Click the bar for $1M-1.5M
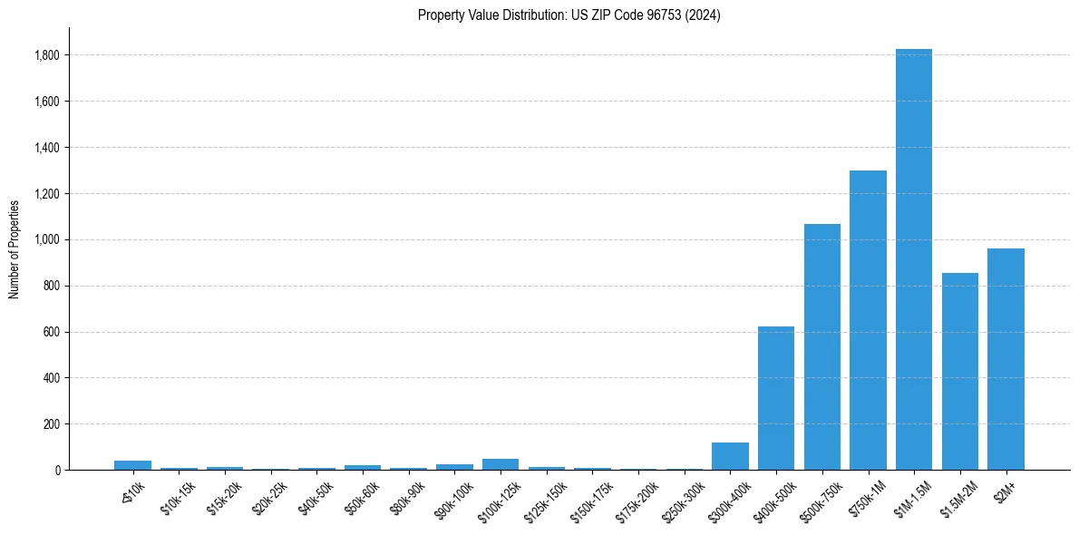pyautogui.click(x=913, y=259)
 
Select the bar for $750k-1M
pyautogui.click(x=868, y=320)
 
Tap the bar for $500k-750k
pyautogui.click(x=821, y=347)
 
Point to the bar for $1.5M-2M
pyautogui.click(x=959, y=372)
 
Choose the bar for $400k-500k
pyautogui.click(x=776, y=398)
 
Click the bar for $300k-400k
pyautogui.click(x=730, y=456)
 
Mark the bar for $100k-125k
pyautogui.click(x=501, y=464)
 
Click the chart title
pyautogui.click(x=569, y=15)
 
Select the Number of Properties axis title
pyautogui.click(x=14, y=248)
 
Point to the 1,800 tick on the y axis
pyautogui.click(x=47, y=55)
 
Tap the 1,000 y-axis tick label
pyautogui.click(x=47, y=239)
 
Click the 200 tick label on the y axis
pyautogui.click(x=53, y=423)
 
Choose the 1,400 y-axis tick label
pyautogui.click(x=47, y=148)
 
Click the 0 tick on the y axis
pyautogui.click(x=58, y=470)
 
